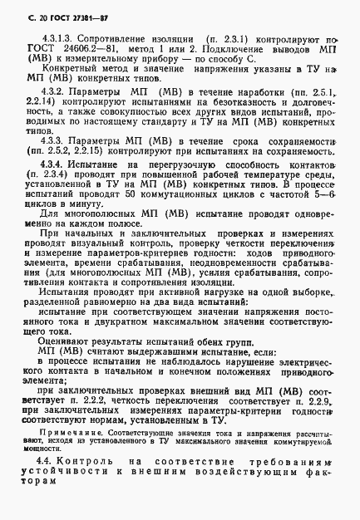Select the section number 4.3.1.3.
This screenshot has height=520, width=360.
55,38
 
